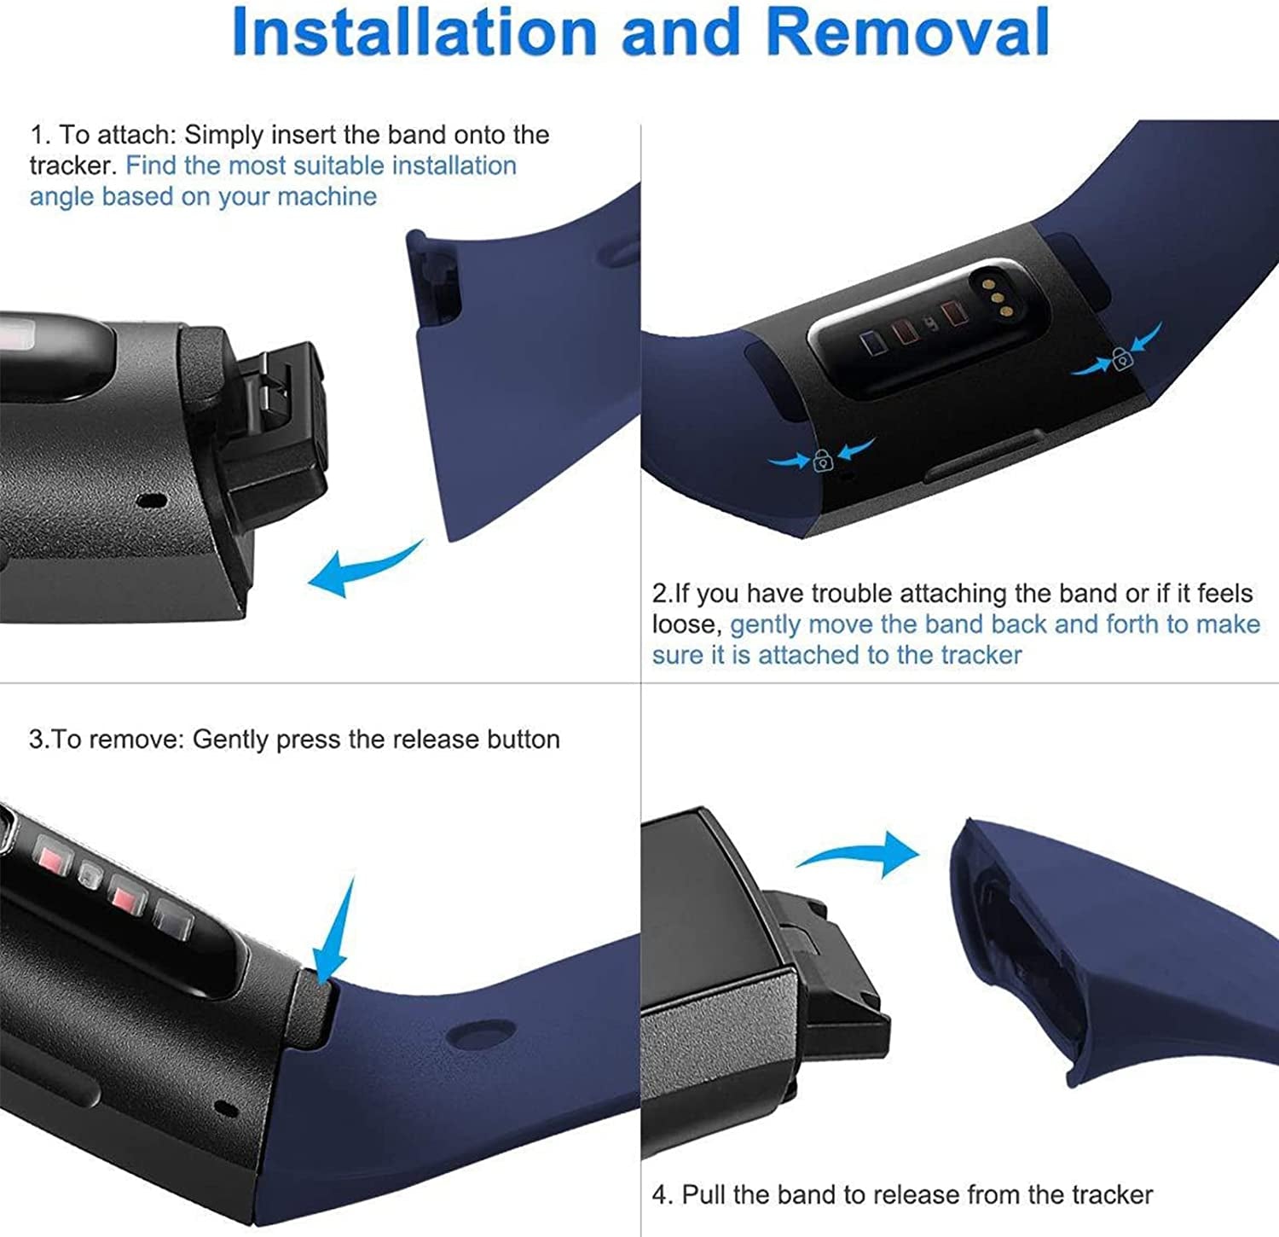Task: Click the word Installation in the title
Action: coord(414,32)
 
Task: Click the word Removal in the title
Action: coord(907,32)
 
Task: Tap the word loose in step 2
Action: coord(686,624)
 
